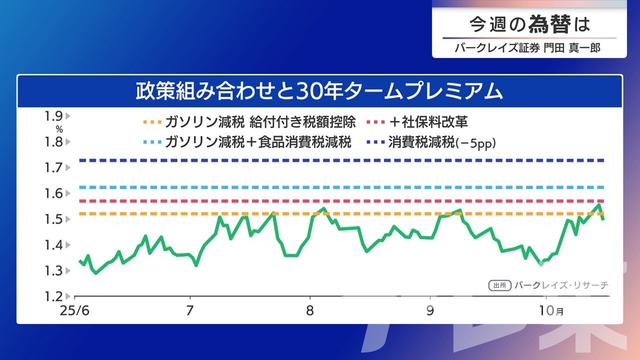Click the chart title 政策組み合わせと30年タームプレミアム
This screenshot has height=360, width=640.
tap(319, 91)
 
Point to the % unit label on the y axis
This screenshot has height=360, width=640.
tap(59, 129)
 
